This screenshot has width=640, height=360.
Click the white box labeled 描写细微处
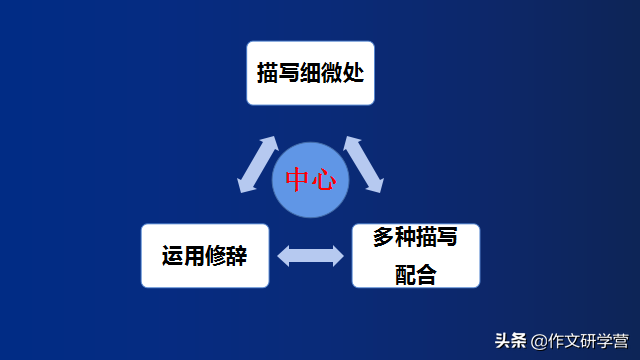(310, 72)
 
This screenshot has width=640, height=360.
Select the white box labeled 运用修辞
(205, 255)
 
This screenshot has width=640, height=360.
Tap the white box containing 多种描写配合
(416, 255)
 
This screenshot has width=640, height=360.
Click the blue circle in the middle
(310, 181)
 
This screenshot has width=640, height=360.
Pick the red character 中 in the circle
(298, 180)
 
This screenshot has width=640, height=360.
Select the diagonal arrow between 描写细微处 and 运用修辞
(258, 165)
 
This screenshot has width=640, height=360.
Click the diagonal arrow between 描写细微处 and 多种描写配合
(363, 164)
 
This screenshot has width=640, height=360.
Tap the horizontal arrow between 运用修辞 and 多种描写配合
(310, 256)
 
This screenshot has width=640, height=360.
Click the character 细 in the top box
(310, 73)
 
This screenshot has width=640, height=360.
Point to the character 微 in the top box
(333, 73)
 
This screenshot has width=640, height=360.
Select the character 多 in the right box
(383, 238)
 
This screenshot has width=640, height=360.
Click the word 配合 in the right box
(416, 275)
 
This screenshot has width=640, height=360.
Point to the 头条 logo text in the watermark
(511, 341)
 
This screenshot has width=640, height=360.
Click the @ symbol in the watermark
(539, 342)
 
